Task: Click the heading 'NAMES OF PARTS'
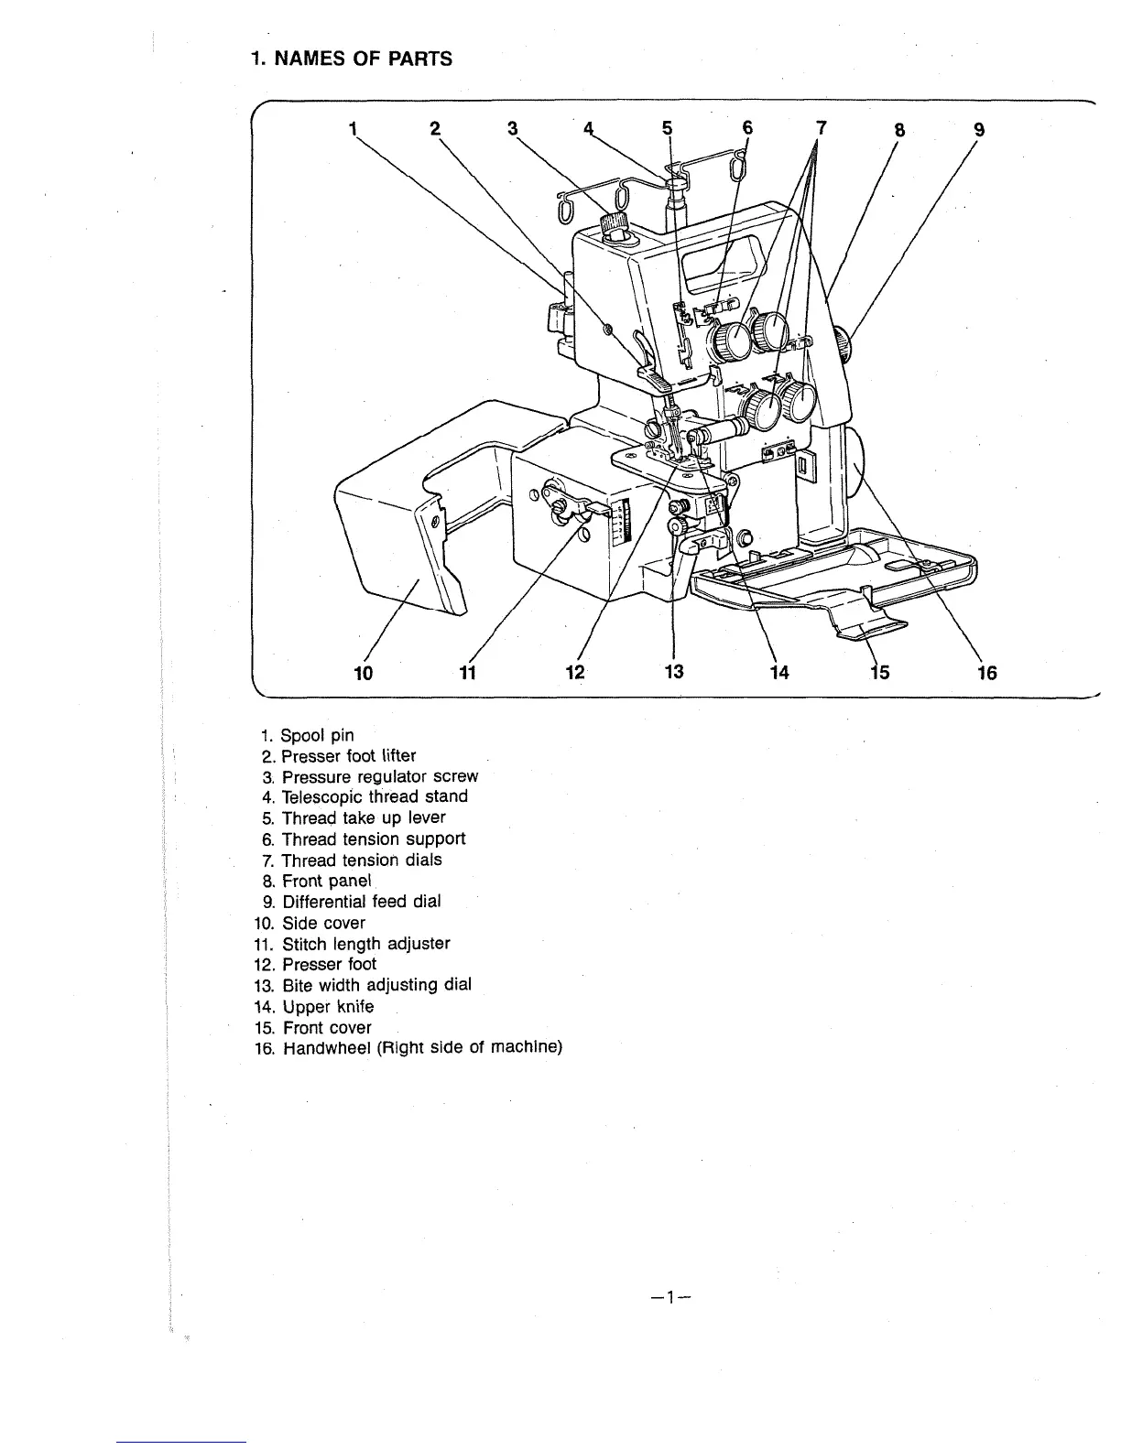352,60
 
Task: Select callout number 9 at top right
979,129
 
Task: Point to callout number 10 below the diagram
364,673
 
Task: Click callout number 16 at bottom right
986,673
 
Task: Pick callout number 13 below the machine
674,672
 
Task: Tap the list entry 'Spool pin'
317,735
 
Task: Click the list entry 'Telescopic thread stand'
375,796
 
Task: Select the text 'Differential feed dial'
361,902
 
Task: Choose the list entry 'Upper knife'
328,1007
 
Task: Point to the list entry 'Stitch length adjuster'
365,944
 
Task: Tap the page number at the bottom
671,1297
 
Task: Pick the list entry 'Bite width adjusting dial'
376,985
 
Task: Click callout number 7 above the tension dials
821,128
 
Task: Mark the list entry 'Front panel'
326,881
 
